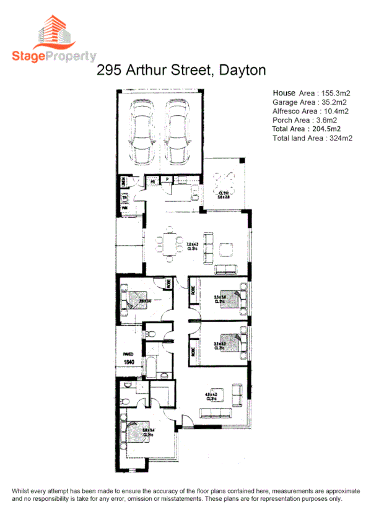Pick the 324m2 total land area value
(338, 138)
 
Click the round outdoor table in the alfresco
(224, 181)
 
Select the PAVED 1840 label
(128, 358)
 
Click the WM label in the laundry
(124, 208)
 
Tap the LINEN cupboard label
(124, 182)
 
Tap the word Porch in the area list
(283, 120)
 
